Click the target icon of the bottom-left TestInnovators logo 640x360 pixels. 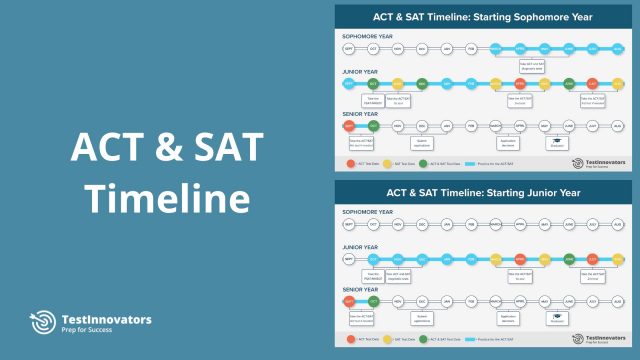42,324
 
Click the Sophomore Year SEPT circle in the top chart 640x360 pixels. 349,48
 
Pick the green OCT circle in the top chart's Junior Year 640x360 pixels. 373,84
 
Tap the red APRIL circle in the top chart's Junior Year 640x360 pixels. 520,84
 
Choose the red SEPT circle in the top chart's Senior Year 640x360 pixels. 349,126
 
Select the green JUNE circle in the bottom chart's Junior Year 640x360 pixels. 569,260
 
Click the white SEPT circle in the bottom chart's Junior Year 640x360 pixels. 349,260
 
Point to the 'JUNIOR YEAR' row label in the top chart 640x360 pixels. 360,72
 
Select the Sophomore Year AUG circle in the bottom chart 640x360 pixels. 617,225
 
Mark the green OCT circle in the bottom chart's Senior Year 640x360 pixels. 373,301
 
